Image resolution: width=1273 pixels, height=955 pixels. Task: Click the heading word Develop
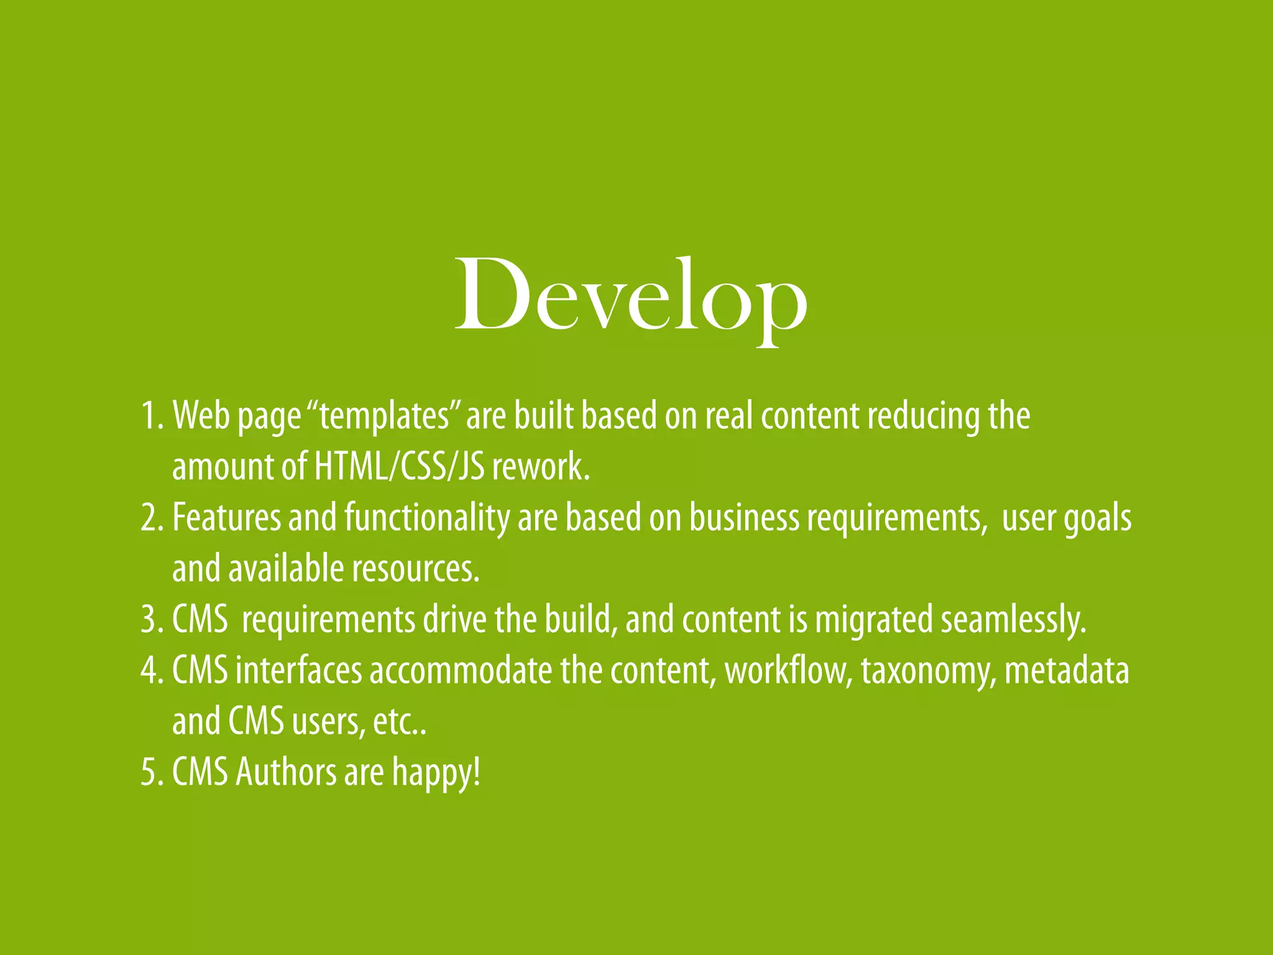[631, 297]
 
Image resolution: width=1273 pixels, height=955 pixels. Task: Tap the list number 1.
[151, 415]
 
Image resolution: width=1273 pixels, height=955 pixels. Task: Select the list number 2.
[151, 517]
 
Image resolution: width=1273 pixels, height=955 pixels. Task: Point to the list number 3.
[151, 619]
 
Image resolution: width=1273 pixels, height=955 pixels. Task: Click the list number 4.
[151, 671]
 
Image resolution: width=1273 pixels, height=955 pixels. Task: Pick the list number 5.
[151, 772]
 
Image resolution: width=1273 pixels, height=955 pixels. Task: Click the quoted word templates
[384, 415]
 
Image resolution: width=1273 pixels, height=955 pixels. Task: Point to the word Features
[226, 517]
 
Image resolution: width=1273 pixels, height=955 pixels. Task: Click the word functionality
[426, 519]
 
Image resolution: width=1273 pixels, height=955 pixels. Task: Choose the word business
[743, 517]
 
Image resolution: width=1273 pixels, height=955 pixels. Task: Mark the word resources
[416, 568]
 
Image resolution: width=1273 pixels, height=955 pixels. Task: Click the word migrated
[874, 619]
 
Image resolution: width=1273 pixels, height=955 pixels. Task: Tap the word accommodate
[461, 671]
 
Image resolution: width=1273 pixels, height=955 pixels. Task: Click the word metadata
[1067, 671]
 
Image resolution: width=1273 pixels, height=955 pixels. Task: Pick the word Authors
[286, 772]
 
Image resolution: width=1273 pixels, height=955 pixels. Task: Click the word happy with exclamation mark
[436, 773]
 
